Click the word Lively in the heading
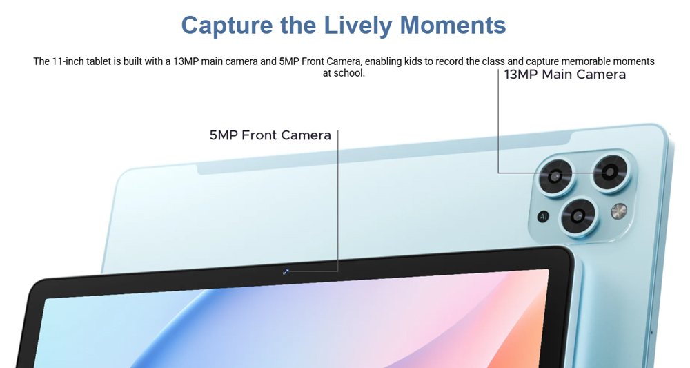point(357,26)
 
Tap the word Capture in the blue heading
point(227,26)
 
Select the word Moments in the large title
point(453,25)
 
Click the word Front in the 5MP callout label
point(259,135)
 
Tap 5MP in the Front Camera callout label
point(224,135)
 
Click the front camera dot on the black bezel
point(286,272)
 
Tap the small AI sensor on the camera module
point(543,217)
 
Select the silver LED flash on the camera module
point(619,211)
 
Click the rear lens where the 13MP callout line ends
point(611,173)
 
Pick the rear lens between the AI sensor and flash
point(579,216)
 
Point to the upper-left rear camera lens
point(555,177)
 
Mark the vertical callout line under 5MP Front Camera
point(338,200)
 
